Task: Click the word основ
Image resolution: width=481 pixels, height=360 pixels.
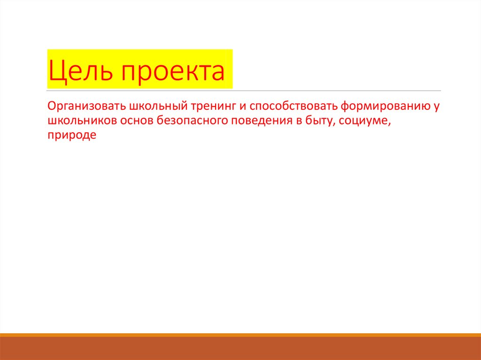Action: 136,121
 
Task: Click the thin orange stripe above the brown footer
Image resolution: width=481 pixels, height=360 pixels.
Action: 240,335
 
